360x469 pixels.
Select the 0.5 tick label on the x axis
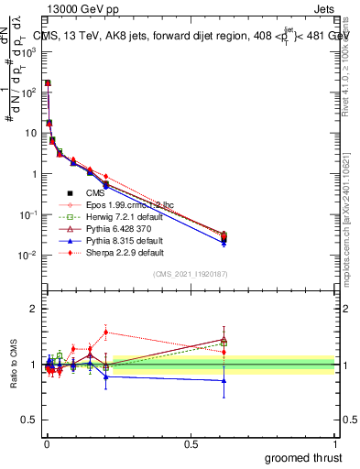click(x=191, y=442)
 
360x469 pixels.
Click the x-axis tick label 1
click(x=336, y=442)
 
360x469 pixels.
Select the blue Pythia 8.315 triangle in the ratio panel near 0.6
click(x=224, y=380)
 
